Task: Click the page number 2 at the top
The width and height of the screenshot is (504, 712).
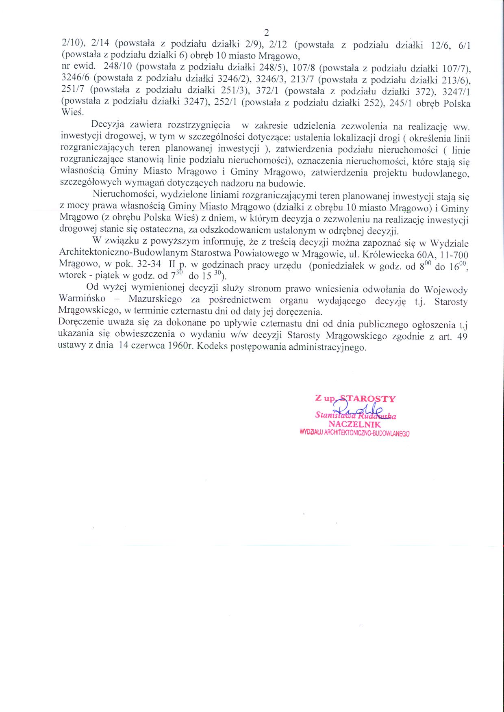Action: point(267,32)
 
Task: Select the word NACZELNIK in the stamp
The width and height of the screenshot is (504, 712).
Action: point(354,424)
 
